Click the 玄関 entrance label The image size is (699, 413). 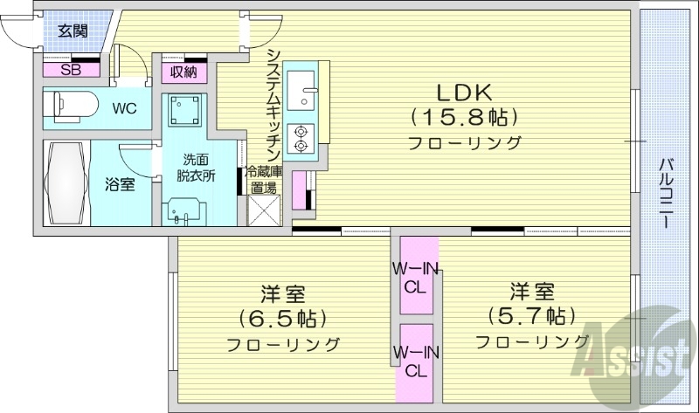coord(73,31)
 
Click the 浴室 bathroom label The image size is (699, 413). coord(120,184)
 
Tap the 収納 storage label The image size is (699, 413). coord(183,72)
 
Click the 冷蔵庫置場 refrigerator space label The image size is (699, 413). coord(263,179)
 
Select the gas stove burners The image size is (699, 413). coord(303,136)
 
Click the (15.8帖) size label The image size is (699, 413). coord(464,116)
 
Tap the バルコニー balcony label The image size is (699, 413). coord(666,194)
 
